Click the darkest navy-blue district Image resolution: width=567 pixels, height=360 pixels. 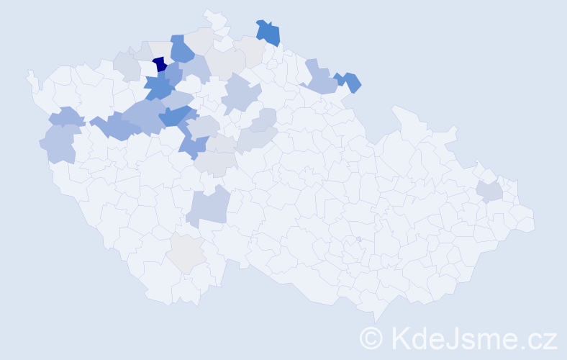pos(160,64)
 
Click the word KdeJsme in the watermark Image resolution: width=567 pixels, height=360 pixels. pos(447,338)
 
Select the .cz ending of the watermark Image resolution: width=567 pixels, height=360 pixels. pos(536,338)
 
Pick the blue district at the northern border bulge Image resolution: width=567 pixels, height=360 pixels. pos(268,32)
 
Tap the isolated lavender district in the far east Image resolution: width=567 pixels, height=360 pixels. pos(489,192)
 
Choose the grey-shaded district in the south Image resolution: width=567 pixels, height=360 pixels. pos(186,253)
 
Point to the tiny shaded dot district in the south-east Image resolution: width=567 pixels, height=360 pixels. pos(358,239)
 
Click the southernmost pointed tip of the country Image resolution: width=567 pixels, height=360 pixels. pos(376,321)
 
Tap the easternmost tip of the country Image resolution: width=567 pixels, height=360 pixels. pos(534,220)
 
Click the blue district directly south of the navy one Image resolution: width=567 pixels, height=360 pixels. pos(158,87)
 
